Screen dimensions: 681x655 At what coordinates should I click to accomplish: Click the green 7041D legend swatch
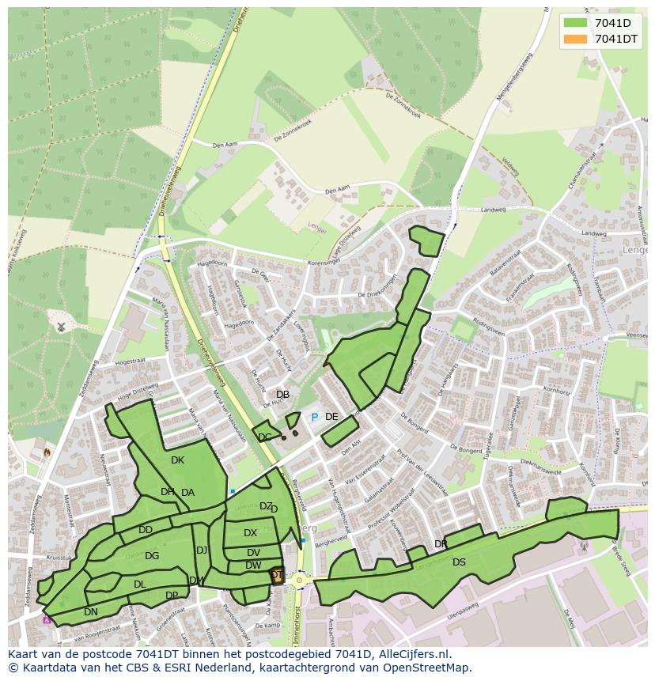click(575, 23)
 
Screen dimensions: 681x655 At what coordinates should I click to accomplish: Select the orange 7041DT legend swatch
click(575, 39)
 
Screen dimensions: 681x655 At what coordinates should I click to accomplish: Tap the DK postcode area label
click(177, 460)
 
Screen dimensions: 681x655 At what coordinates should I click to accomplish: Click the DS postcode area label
click(459, 562)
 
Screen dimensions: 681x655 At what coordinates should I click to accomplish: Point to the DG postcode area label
click(152, 556)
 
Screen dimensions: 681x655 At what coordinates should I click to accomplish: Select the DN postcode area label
click(91, 612)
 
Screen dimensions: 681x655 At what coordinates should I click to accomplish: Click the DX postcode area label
click(250, 533)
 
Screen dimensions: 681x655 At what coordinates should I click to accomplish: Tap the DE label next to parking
click(331, 417)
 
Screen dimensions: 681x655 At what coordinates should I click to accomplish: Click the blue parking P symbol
click(314, 417)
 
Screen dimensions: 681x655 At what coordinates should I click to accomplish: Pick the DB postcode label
click(282, 395)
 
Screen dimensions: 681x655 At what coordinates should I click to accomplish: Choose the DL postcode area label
click(139, 585)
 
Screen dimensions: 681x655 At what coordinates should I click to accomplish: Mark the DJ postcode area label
click(202, 550)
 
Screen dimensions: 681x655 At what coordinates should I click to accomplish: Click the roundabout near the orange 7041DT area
click(300, 580)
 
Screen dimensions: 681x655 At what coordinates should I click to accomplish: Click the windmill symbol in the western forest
click(61, 326)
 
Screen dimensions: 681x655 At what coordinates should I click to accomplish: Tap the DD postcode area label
click(146, 530)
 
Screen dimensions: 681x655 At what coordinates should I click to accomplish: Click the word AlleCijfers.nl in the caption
click(411, 654)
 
